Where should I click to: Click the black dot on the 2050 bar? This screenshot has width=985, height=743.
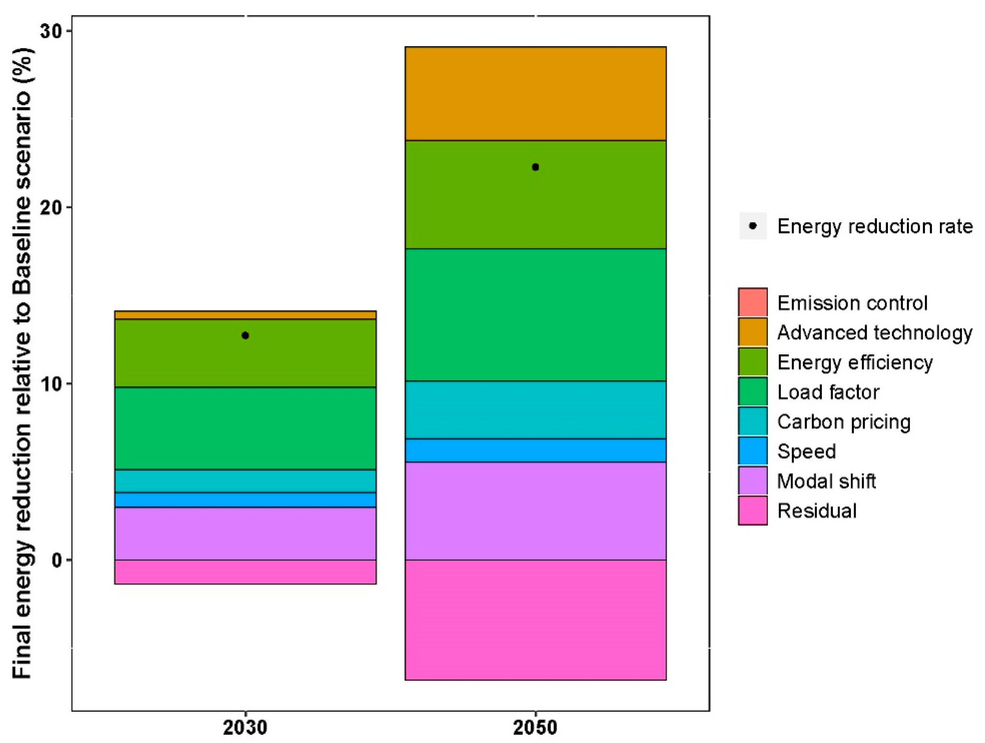535,167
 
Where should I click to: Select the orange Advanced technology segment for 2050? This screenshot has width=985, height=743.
535,93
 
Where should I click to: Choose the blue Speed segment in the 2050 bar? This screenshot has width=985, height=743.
535,450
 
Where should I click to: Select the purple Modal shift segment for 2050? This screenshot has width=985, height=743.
535,511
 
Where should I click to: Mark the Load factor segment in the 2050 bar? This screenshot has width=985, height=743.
535,315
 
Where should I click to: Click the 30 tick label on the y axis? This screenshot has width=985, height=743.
50,31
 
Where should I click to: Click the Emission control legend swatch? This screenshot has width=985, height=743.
753,302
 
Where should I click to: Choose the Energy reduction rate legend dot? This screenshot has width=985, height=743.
753,226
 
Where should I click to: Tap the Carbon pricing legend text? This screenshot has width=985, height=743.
844,422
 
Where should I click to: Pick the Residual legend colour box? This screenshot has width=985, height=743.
753,511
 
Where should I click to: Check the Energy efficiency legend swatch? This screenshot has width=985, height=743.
753,362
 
